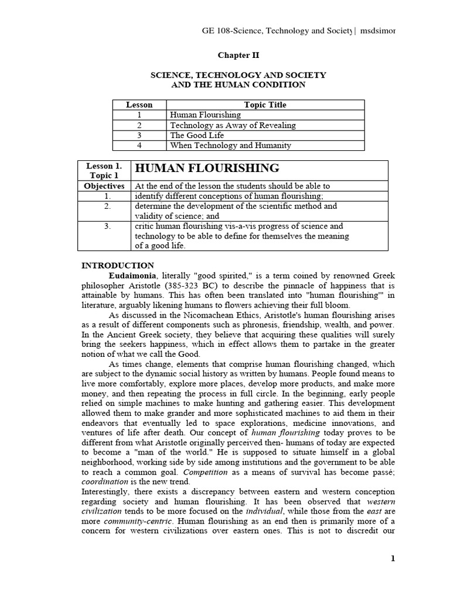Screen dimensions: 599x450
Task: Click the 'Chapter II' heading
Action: [x=238, y=56]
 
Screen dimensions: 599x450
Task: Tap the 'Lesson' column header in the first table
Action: [x=139, y=105]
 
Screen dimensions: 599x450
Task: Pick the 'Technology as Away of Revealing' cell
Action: [x=233, y=125]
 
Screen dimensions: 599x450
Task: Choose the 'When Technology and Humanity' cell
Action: [x=230, y=145]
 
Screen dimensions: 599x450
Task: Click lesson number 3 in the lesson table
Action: [x=139, y=135]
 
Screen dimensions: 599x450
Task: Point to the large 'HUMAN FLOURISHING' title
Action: [x=207, y=168]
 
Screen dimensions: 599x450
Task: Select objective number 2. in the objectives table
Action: [x=107, y=206]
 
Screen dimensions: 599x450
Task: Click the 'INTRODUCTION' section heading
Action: [x=117, y=265]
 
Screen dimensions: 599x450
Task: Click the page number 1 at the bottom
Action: [x=393, y=558]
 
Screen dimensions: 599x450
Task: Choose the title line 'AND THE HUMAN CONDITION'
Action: [x=238, y=85]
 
